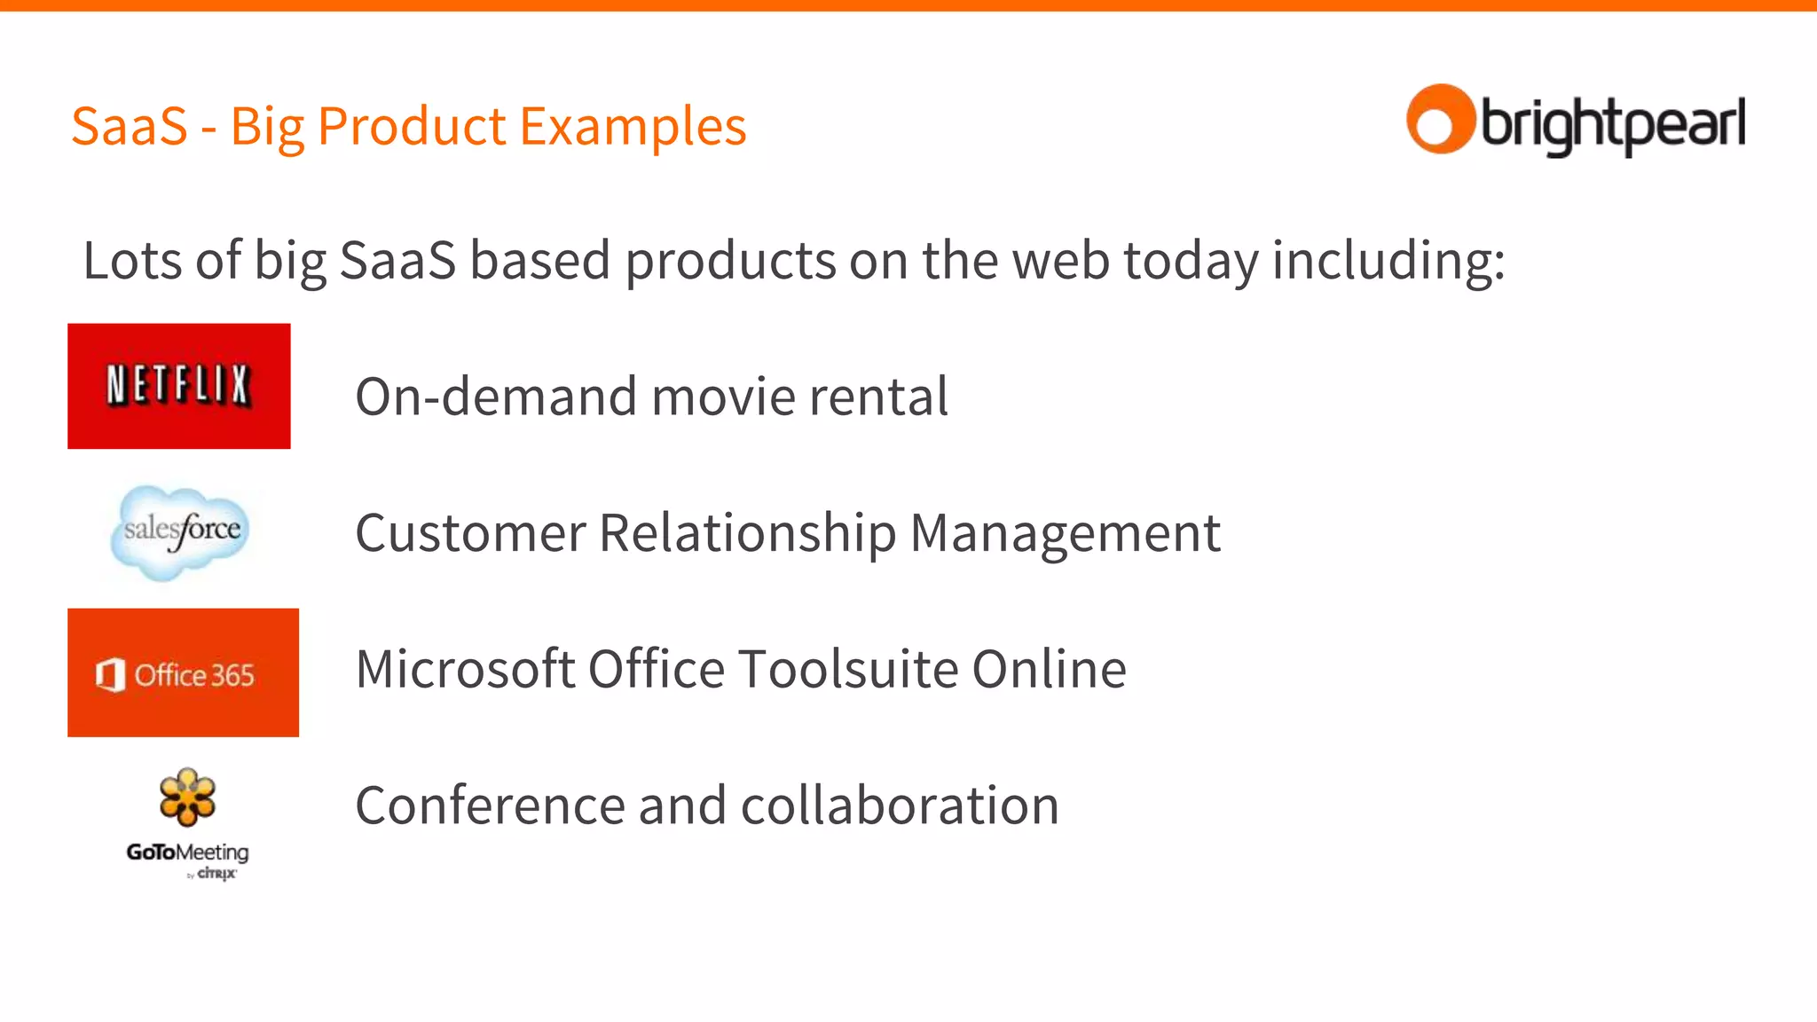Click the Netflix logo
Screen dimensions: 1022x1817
[178, 386]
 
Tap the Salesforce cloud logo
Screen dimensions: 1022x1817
[181, 531]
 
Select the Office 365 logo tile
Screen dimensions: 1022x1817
[183, 672]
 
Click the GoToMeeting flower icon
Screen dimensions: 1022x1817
[187, 797]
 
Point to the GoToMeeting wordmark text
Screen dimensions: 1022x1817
[187, 853]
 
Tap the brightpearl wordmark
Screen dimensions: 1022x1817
[1613, 125]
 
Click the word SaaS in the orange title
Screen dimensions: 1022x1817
[130, 126]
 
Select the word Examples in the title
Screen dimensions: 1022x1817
[633, 126]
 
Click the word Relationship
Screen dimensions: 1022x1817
[747, 533]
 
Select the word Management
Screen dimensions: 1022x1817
[1065, 533]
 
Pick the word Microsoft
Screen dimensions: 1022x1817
[465, 669]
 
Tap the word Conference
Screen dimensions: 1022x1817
[490, 806]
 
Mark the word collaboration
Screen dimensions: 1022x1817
[900, 806]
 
